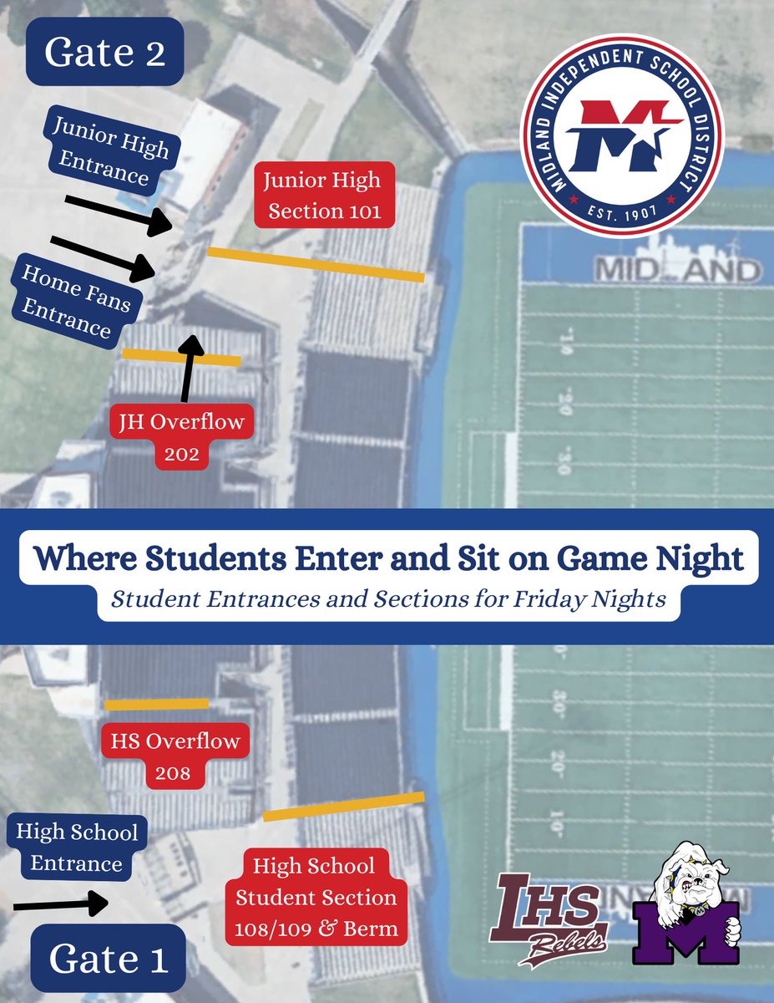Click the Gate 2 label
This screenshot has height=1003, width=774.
104,52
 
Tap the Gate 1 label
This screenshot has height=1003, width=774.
109,958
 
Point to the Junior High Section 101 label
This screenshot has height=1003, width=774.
323,196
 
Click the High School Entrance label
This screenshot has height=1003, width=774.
77,848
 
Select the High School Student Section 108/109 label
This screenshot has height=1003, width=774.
316,897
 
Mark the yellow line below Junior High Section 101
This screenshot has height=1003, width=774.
316,263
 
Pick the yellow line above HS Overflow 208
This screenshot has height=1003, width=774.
156,704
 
